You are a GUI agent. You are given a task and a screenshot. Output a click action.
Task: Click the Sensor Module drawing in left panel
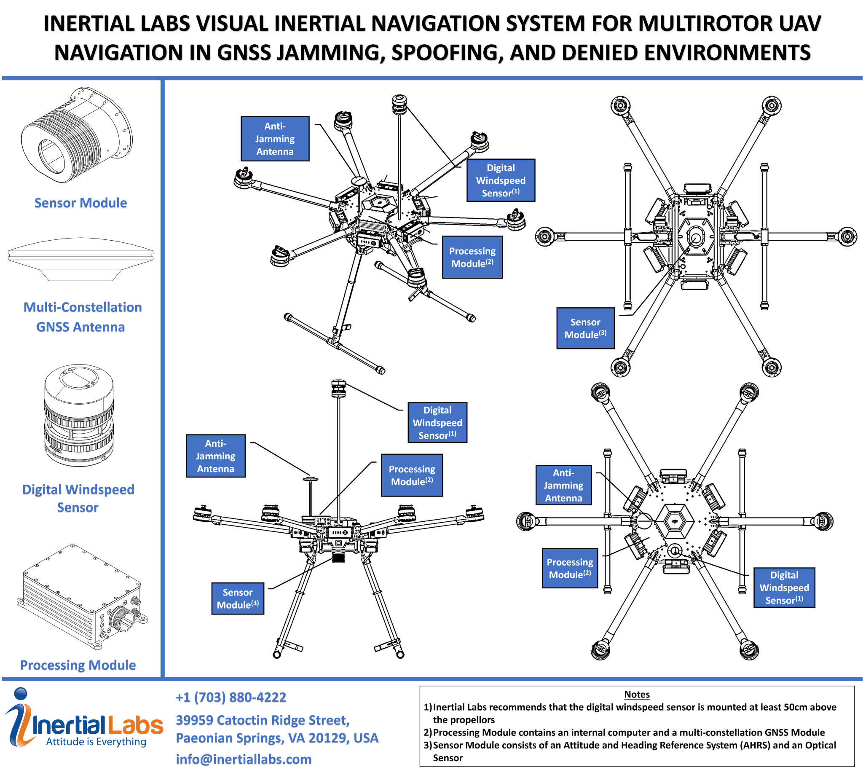click(x=77, y=136)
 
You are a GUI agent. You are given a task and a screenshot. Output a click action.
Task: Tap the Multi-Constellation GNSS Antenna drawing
click(x=80, y=259)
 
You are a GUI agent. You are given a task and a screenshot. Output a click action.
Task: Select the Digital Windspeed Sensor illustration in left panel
click(x=79, y=416)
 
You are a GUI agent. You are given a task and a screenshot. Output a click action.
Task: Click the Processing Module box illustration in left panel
click(x=81, y=597)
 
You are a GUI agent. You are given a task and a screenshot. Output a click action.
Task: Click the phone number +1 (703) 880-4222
click(x=231, y=697)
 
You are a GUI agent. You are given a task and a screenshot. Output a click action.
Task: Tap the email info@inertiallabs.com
click(x=244, y=759)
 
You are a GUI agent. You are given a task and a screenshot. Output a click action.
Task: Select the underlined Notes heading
click(x=636, y=694)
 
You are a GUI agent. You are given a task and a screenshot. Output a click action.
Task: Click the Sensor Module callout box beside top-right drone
click(x=585, y=328)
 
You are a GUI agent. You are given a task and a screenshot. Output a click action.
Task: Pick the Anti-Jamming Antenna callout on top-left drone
click(x=275, y=139)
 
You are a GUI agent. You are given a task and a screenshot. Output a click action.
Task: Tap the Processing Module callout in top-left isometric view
click(x=472, y=258)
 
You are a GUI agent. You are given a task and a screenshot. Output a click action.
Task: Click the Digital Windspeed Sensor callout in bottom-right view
click(x=784, y=588)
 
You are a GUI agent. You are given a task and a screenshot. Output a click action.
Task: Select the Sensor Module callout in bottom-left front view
click(x=238, y=598)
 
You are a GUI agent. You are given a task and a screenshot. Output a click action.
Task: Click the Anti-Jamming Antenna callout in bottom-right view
click(x=563, y=485)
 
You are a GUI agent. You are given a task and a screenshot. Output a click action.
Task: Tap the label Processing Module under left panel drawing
click(x=78, y=665)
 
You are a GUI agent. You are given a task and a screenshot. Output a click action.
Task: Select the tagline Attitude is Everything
click(x=96, y=742)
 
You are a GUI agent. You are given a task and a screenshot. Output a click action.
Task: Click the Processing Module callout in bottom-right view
click(x=570, y=568)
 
